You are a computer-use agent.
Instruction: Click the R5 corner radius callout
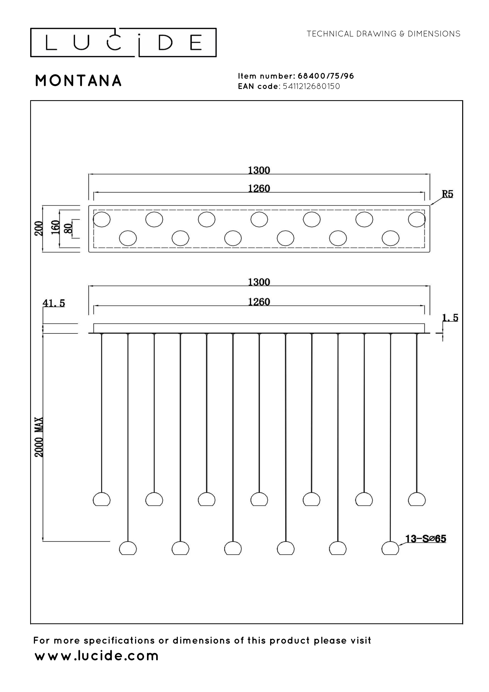point(447,194)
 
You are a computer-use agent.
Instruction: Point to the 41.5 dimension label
point(54,303)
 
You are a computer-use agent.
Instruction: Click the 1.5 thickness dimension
point(450,318)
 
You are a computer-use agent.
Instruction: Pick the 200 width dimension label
point(39,228)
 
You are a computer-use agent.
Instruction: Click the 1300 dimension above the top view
point(259,171)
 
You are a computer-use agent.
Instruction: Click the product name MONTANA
point(78,81)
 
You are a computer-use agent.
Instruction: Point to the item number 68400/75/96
point(326,76)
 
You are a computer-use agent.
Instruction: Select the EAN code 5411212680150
point(312,86)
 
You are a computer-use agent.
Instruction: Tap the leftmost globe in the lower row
point(128,548)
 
